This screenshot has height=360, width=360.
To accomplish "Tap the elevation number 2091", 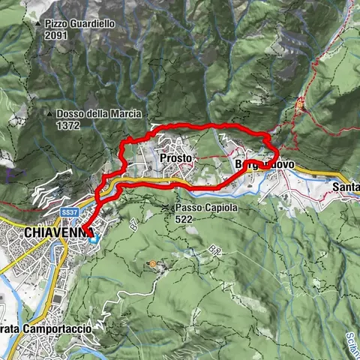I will pos(56,35).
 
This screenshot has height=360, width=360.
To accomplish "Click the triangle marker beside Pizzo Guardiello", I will pos(38,24).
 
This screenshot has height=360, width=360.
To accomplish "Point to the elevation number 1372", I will pos(68,126).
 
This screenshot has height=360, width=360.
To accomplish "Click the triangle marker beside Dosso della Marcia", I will pos(49,115).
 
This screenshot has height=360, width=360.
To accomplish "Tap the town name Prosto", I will pos(177,159).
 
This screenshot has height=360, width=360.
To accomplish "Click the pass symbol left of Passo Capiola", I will pos(166,207).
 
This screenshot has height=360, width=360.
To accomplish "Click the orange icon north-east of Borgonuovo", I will pos(301,106).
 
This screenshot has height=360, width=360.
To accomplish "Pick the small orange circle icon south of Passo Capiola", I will pos(154,264).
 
